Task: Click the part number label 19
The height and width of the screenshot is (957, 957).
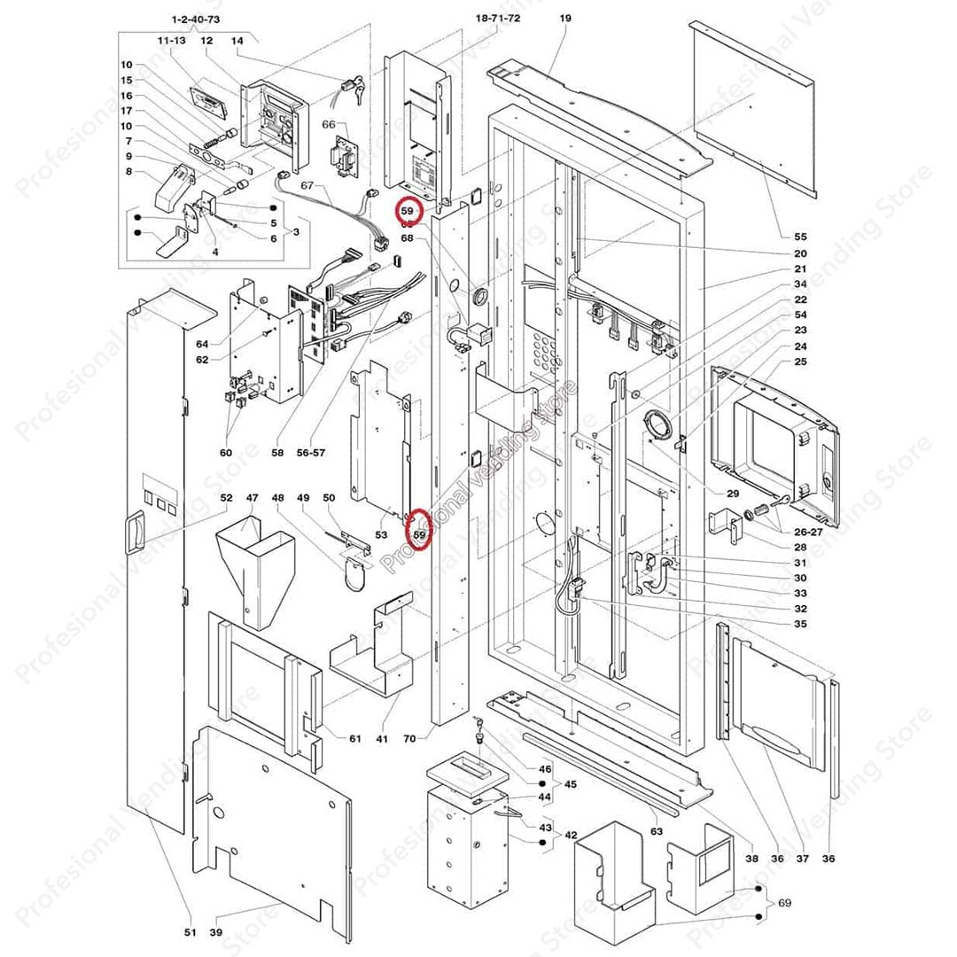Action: pos(566,19)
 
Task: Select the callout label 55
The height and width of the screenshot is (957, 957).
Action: pos(800,237)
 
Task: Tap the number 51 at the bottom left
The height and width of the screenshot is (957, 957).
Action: pos(190,931)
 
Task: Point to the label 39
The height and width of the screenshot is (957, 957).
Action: pos(215,931)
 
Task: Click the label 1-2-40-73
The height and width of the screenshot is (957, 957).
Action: pos(196,19)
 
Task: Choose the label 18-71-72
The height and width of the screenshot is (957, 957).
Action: pos(498,19)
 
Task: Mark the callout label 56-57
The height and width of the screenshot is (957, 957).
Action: pos(311,452)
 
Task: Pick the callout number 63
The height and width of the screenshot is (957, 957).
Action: pos(657,831)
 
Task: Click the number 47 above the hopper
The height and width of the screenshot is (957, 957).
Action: pos(252,498)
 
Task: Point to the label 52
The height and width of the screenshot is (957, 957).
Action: pos(226,498)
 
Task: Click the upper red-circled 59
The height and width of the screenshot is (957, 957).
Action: pos(408,212)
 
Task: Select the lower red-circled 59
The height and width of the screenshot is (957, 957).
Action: pos(419,534)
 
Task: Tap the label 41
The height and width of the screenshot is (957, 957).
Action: pos(383,738)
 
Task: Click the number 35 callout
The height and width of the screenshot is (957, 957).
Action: pos(800,624)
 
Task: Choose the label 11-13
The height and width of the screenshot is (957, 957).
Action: pos(171,41)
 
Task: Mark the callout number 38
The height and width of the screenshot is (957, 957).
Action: pos(751,858)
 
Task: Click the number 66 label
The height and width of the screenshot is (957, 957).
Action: pos(329,125)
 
